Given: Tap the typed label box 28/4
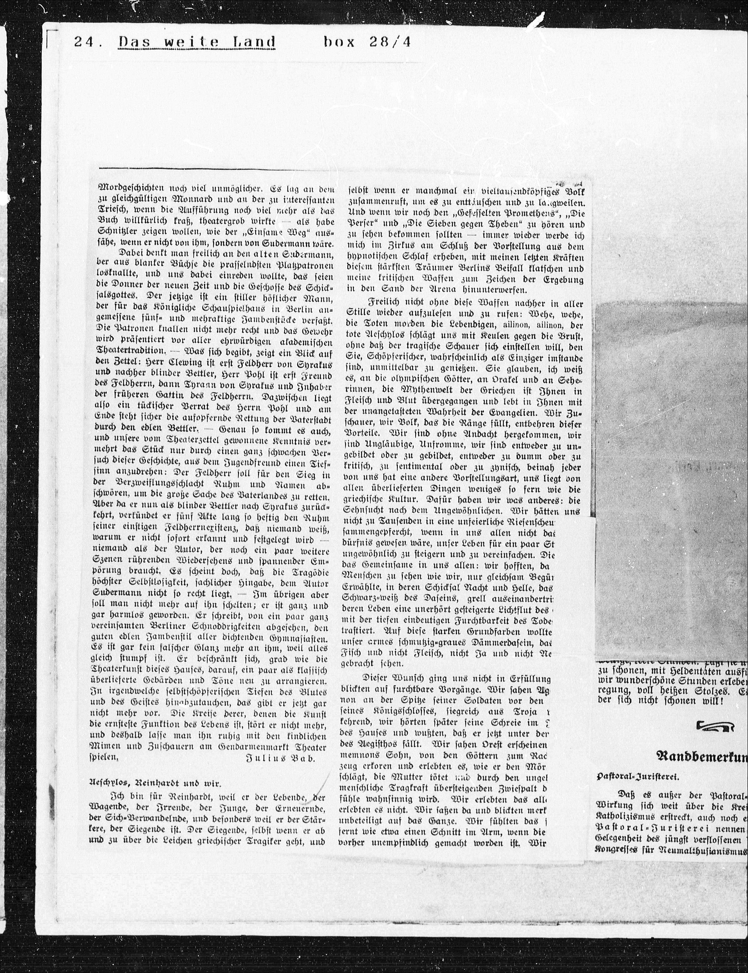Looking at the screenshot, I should coord(367,42).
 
